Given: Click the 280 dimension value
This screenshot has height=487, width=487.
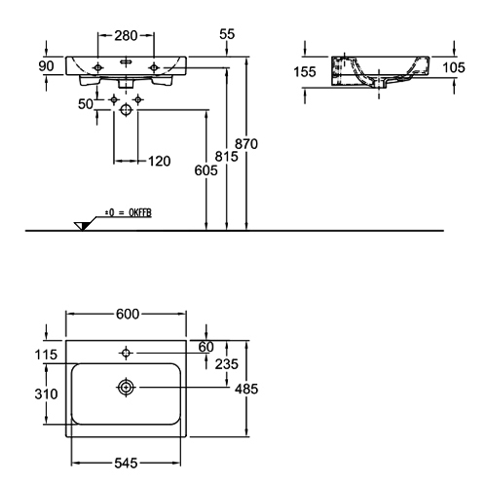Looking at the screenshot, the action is (126, 35).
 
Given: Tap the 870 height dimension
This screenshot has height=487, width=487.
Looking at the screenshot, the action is (246, 144).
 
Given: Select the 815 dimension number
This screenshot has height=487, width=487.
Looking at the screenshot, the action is (226, 157).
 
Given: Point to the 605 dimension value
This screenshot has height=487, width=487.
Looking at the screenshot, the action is (206, 170).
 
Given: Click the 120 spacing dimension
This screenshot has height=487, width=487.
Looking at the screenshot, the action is (159, 161).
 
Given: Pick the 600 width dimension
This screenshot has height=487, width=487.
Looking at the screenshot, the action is (128, 314).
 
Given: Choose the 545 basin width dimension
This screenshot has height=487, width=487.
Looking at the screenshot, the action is (126, 464).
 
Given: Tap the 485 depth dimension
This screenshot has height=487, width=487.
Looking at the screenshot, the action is (246, 389).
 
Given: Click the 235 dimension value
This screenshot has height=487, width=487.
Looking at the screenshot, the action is (227, 364).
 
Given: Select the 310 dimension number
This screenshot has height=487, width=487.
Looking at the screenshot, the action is (46, 394).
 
